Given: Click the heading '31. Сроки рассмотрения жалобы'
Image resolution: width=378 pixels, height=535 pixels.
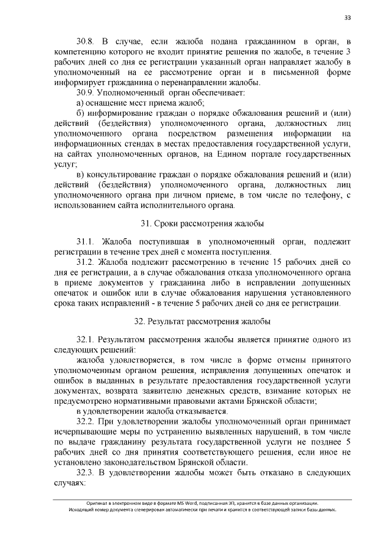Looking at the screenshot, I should [202, 223].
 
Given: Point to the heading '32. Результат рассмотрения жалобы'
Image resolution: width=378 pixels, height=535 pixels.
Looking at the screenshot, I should [202, 322].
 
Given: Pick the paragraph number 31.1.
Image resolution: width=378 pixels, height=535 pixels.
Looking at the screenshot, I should [86, 242].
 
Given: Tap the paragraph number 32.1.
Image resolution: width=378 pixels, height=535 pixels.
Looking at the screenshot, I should [86, 341].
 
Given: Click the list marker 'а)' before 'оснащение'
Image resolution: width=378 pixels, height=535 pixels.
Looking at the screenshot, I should [81, 103].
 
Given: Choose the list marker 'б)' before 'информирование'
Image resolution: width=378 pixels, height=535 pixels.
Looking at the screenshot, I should [81, 114].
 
